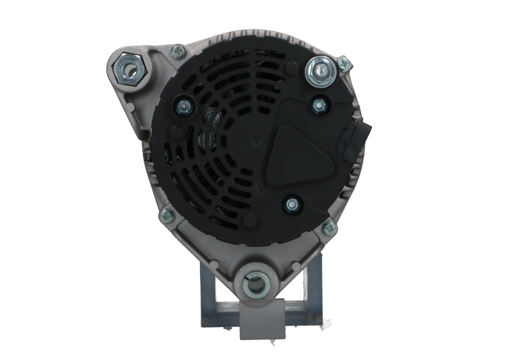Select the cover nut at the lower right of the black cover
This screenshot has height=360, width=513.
pyautogui.click(x=292, y=205)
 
